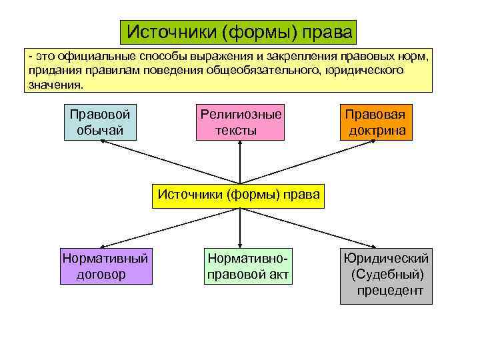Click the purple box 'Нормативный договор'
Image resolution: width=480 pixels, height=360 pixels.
click(x=105, y=266)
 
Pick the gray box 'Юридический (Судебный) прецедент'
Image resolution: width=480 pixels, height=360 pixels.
click(x=386, y=274)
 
